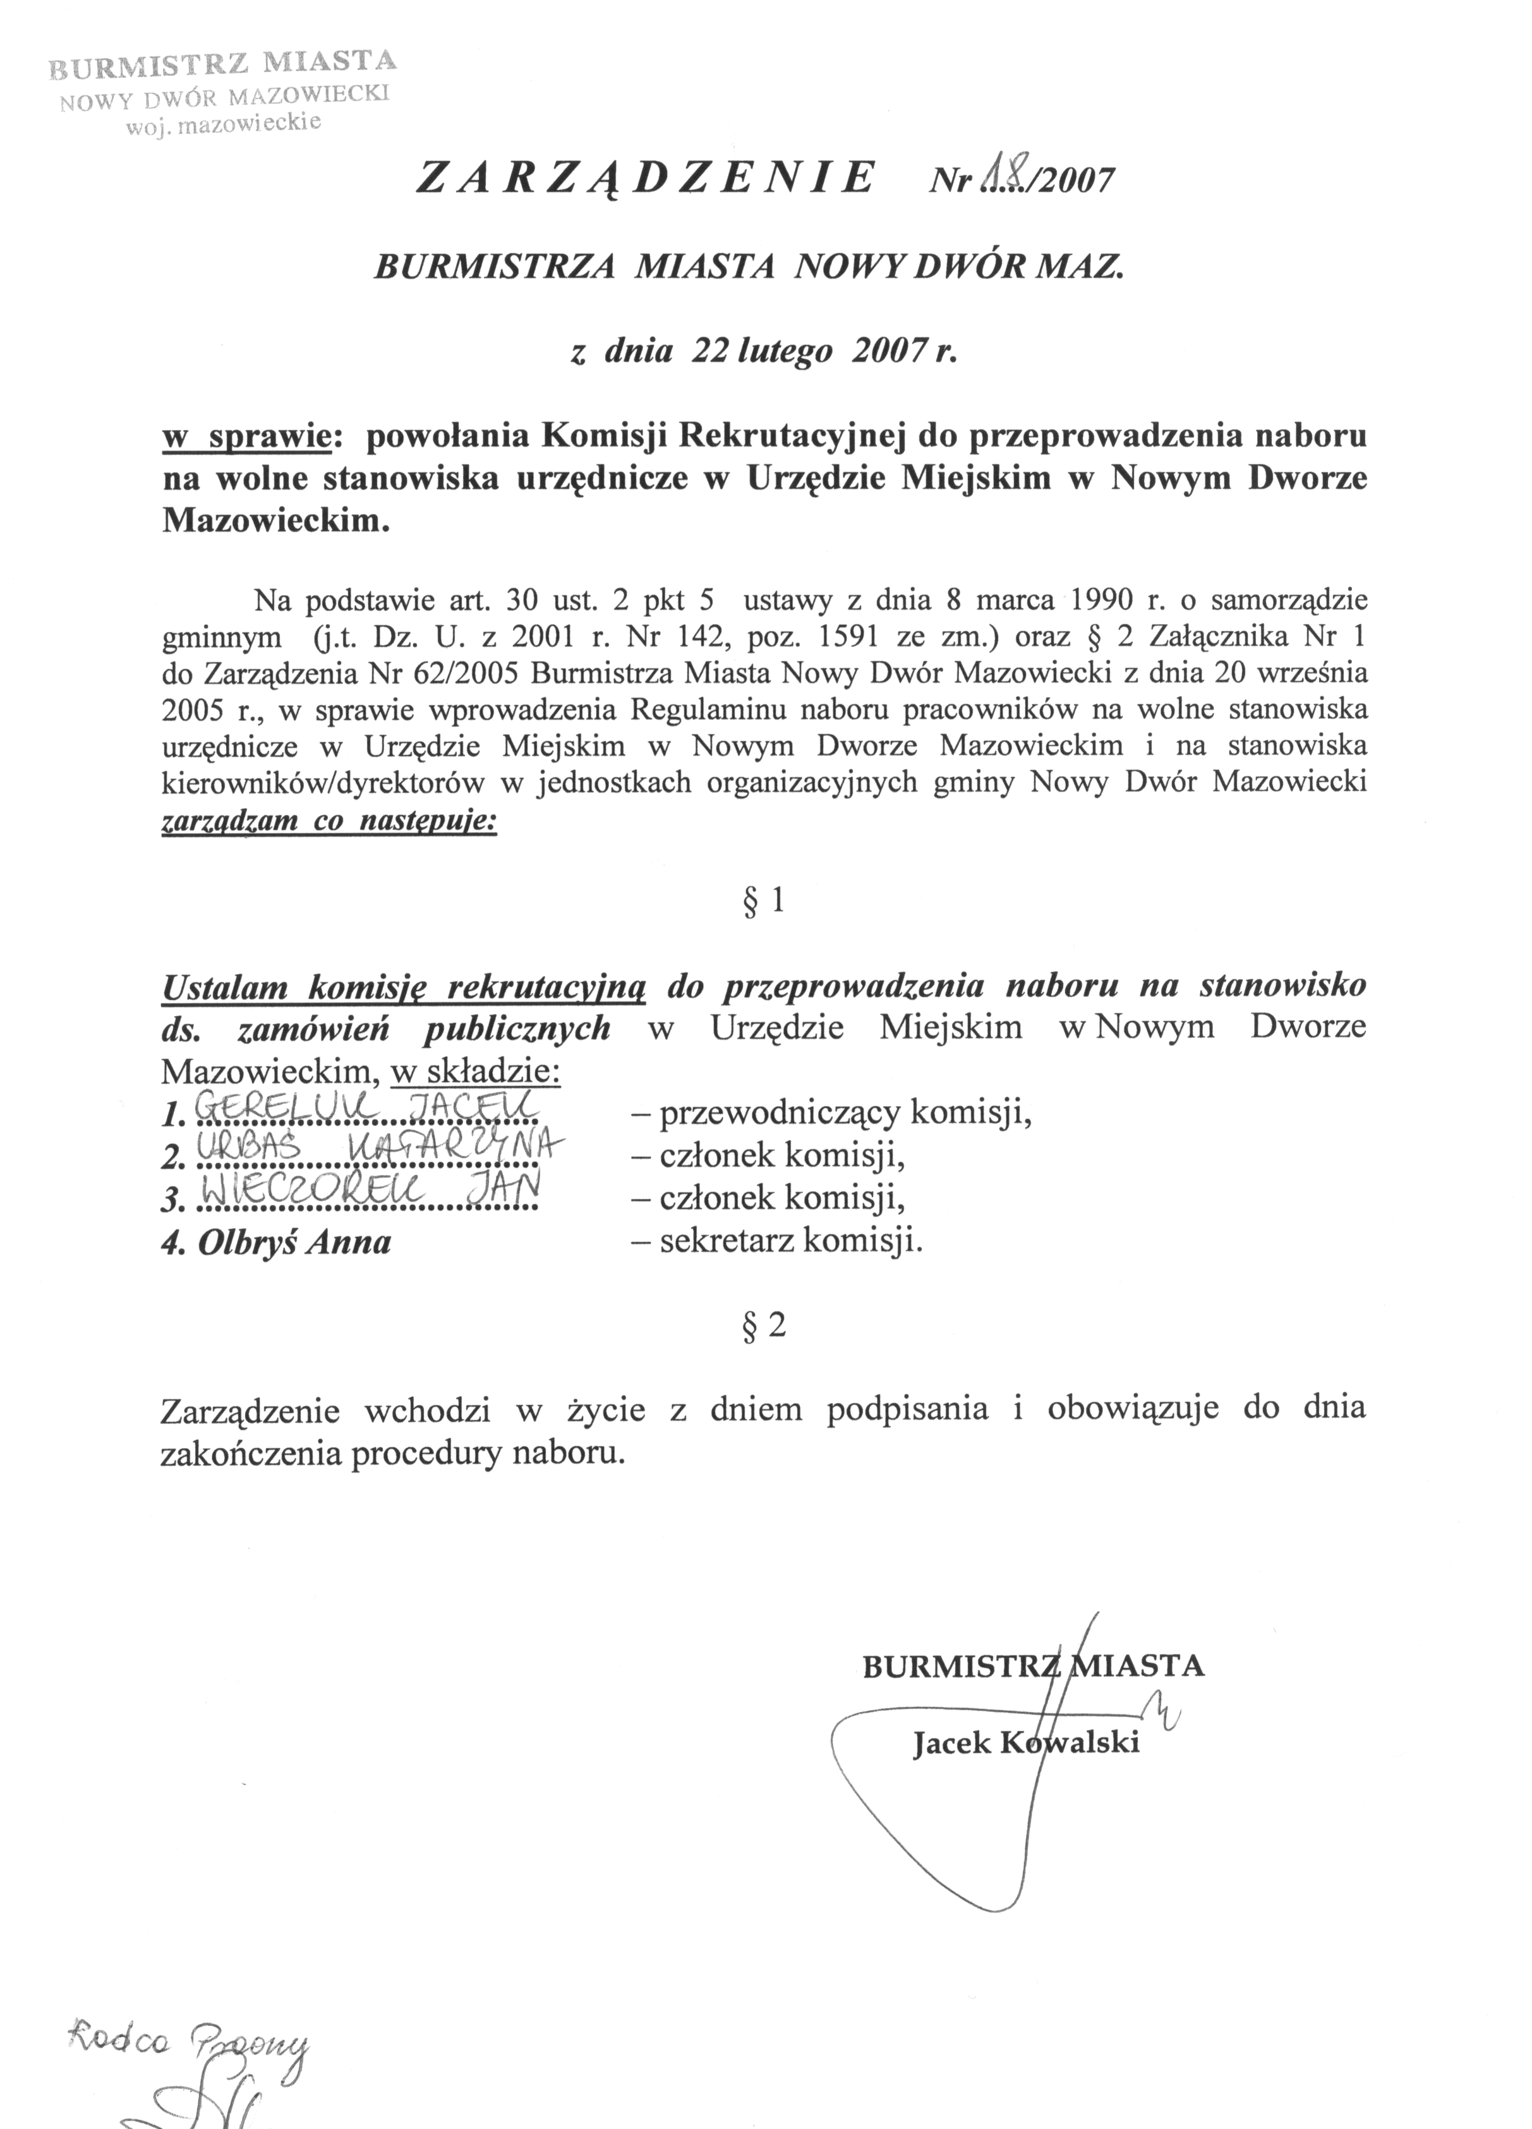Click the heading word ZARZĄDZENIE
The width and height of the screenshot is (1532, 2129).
[646, 178]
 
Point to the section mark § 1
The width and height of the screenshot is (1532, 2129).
[763, 901]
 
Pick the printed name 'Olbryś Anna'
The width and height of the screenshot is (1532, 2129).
[294, 1243]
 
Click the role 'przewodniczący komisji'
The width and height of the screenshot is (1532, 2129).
[845, 1113]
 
